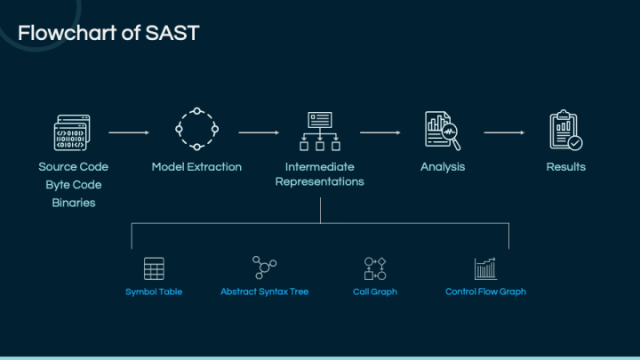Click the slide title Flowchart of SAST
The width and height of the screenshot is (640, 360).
pyautogui.click(x=108, y=34)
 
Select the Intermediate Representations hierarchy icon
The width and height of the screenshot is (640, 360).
pyautogui.click(x=319, y=131)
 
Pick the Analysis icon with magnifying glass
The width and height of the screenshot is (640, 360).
pyautogui.click(x=442, y=131)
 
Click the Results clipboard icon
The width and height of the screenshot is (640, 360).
pyautogui.click(x=565, y=131)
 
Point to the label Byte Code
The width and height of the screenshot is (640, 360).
pyautogui.click(x=74, y=185)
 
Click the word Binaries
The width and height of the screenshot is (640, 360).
pyautogui.click(x=74, y=203)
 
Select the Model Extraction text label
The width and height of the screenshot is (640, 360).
pyautogui.click(x=196, y=167)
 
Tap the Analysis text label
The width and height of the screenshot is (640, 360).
pyautogui.click(x=443, y=167)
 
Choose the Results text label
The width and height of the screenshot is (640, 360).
pyautogui.click(x=565, y=167)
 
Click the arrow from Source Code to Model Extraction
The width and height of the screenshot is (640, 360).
pyautogui.click(x=129, y=132)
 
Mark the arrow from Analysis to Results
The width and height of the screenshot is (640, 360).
pyautogui.click(x=504, y=132)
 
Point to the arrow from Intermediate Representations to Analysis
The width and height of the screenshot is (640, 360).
pyautogui.click(x=380, y=132)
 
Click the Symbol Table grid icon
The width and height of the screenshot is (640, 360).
pyautogui.click(x=154, y=268)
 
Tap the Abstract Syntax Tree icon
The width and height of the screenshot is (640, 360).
pyautogui.click(x=264, y=268)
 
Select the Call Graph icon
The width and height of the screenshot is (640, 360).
pyautogui.click(x=375, y=268)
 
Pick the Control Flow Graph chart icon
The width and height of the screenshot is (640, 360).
pyautogui.click(x=485, y=268)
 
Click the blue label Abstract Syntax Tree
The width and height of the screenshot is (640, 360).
pyautogui.click(x=264, y=292)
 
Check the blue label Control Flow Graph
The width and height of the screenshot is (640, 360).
pyautogui.click(x=485, y=292)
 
